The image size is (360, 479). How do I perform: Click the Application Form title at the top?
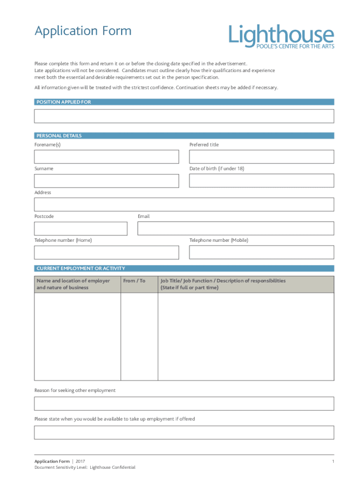pos(83,31)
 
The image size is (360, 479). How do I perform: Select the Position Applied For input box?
pos(184,116)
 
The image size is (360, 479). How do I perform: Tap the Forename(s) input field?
pos(106,157)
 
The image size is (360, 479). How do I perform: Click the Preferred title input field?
pos(261,157)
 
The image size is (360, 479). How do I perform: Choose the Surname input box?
pos(106,181)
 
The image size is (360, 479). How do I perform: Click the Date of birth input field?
pos(261,181)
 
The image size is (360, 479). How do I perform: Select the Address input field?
pos(184,204)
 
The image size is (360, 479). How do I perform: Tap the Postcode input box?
pos(80,228)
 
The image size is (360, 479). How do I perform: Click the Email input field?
pos(236,228)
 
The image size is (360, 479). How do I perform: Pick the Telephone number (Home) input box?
pos(106,252)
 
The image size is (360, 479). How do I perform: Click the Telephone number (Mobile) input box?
pos(261,252)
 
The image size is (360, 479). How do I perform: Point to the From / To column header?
pos(134,281)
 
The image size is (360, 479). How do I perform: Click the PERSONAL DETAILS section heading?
pos(59,136)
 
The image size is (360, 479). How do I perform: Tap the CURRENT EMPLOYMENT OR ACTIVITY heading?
pos(81,269)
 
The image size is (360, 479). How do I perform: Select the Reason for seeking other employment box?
pos(184,404)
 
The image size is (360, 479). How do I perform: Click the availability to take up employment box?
pos(184,432)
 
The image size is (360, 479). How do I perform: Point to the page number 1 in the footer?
pos(333,462)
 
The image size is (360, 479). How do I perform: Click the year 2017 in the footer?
pos(80,462)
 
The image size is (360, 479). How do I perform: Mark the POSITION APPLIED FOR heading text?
pos(64,102)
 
